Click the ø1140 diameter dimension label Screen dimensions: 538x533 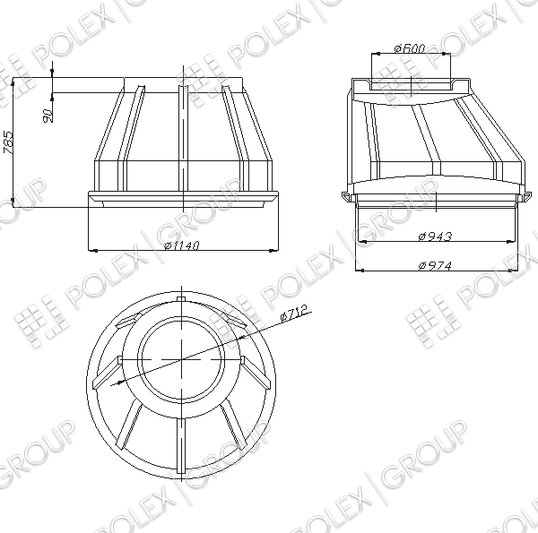[182, 245]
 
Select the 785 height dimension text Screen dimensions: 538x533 [8, 142]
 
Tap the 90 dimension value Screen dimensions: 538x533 [48, 116]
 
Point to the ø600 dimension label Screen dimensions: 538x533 [410, 48]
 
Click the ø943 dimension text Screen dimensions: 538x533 [436, 236]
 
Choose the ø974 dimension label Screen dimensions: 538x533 [436, 265]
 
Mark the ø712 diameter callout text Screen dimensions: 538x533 [293, 314]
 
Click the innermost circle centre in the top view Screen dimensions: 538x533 [181, 359]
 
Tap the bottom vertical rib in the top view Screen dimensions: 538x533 [181, 445]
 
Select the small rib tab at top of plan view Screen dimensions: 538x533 [181, 299]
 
